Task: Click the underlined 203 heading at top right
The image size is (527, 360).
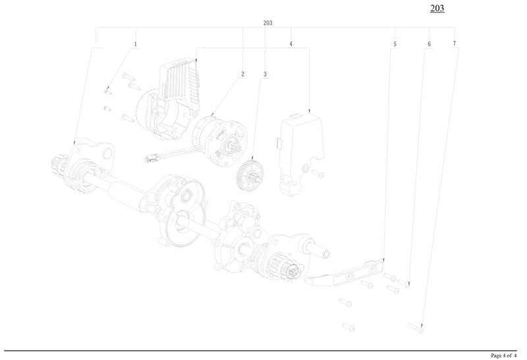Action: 437,9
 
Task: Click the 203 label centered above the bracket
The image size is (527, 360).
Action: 267,23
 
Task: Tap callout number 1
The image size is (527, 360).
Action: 136,44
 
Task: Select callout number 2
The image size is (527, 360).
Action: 242,74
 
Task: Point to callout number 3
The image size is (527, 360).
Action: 265,74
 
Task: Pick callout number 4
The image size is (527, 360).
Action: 291,44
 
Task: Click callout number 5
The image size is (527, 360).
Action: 395,44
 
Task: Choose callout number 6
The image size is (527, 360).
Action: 429,44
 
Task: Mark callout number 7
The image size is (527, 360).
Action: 454,44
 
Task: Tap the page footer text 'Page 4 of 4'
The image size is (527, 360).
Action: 508,355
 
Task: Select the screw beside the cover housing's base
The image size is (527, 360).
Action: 317,174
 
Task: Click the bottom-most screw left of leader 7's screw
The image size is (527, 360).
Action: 348,326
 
